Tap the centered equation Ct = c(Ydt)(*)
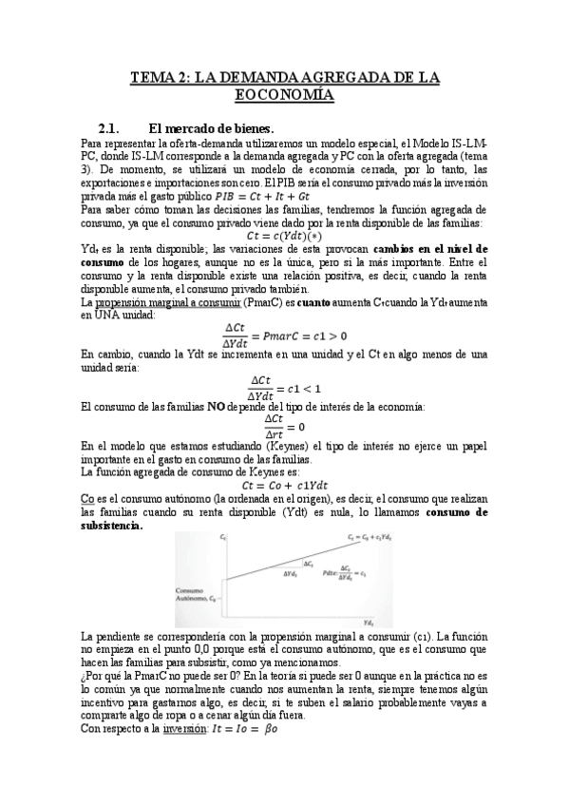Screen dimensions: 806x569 (285, 235)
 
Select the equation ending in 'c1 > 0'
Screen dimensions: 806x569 (285, 335)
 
